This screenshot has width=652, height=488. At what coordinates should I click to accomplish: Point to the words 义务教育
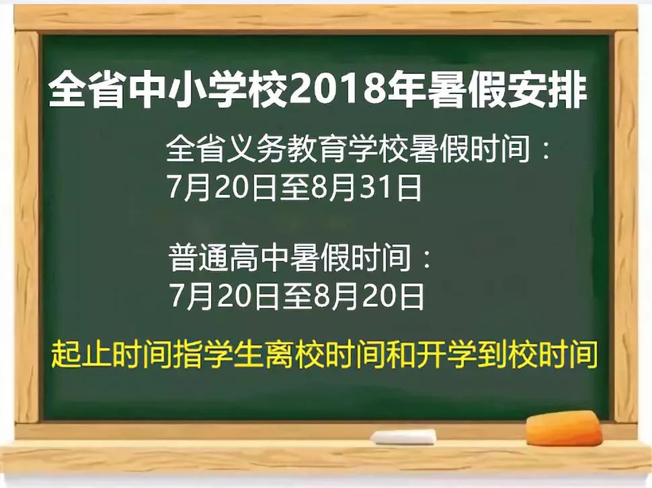[x=280, y=149]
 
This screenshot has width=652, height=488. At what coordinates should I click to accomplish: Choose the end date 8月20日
[x=366, y=296]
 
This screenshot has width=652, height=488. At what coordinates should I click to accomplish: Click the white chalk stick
[x=403, y=438]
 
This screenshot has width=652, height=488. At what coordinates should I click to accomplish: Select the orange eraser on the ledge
[x=563, y=430]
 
